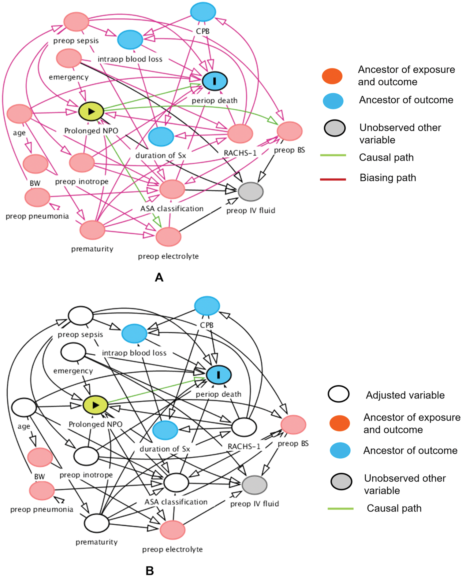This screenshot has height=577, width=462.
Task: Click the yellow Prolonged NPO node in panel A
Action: coord(91,111)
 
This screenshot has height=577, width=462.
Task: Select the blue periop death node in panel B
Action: coord(218,375)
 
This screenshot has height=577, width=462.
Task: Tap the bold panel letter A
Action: coord(159,277)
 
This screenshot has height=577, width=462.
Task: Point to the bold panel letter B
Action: coord(150,571)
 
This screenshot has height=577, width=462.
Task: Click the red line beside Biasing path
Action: coord(333,179)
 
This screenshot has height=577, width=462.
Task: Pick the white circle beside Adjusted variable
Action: coord(338,394)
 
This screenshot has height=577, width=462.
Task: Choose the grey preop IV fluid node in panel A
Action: coord(251,192)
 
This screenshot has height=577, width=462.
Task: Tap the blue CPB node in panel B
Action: coord(207,305)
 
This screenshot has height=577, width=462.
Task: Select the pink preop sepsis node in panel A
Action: coord(76,22)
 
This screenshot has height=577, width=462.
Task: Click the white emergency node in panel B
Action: coord(73,352)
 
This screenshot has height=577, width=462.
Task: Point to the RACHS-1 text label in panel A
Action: coord(240,153)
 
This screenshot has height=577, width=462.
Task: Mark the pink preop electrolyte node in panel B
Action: coord(173,530)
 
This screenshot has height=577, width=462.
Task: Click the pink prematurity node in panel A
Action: coord(92,230)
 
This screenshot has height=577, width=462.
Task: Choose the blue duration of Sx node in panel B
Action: coord(165,430)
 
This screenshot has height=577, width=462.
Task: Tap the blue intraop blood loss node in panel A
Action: coord(130,39)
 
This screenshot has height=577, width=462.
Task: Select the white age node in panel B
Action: coord(24,407)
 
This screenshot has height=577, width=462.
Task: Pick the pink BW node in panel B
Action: coord(40,457)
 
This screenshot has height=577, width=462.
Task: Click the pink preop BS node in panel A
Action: coord(290,131)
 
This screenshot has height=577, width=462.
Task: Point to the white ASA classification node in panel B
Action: coord(176,483)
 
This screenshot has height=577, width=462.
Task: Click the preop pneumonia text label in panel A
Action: coord(37,216)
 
